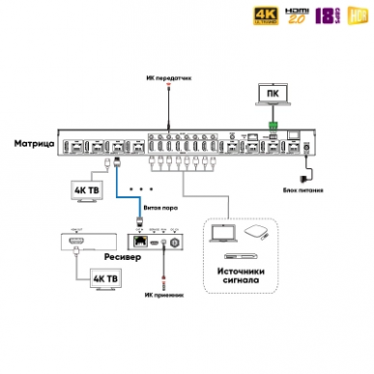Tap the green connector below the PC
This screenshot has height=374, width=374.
(x=273, y=127)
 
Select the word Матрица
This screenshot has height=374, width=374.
(x=34, y=144)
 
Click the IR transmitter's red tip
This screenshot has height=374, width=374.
(x=168, y=86)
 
